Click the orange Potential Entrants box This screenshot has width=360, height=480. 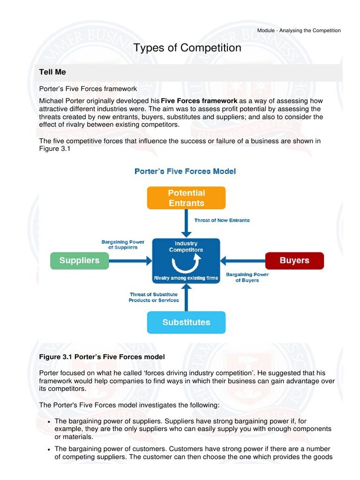tap(186, 198)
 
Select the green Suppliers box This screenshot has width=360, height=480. tap(80, 261)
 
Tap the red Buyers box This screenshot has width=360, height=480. tap(294, 261)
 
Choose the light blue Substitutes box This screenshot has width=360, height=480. tap(186, 322)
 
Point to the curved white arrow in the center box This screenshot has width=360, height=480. tap(186, 264)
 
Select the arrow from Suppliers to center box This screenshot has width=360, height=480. tap(131, 261)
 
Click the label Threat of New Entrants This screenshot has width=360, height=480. tap(222, 220)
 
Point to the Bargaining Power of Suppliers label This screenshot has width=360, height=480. tap(123, 245)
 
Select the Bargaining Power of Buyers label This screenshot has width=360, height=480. tap(247, 277)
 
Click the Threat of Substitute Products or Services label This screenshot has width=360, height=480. tap(154, 297)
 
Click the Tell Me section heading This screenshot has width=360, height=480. tap(52, 72)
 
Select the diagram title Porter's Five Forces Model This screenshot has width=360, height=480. tap(185, 172)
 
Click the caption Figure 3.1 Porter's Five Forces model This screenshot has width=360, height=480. tap(102, 357)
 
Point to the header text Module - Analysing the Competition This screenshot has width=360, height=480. tap(299, 30)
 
